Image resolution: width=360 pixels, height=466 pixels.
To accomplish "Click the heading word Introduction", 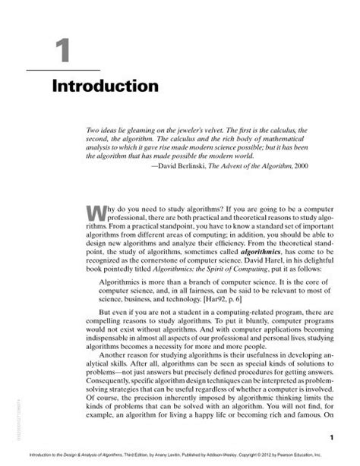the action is [x=106, y=86].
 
